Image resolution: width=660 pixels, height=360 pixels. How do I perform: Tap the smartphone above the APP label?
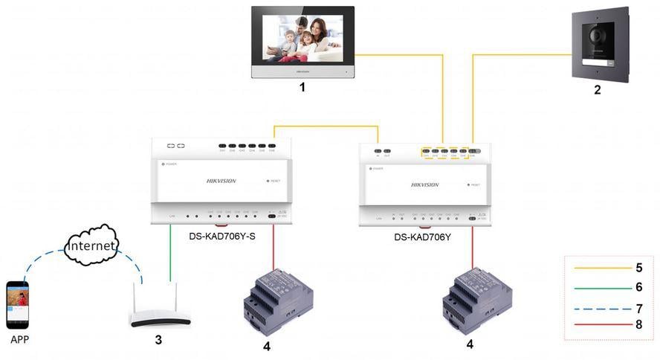click(17, 304)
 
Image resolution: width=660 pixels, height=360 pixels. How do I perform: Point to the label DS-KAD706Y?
click(422, 237)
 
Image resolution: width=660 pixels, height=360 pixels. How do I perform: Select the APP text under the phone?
click(21, 341)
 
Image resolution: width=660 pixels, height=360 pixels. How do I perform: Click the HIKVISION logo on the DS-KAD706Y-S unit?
click(221, 181)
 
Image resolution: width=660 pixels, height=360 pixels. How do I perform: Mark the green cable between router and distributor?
click(170, 253)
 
